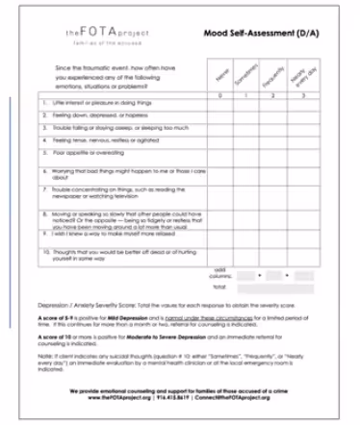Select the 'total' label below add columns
(x=219, y=287)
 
